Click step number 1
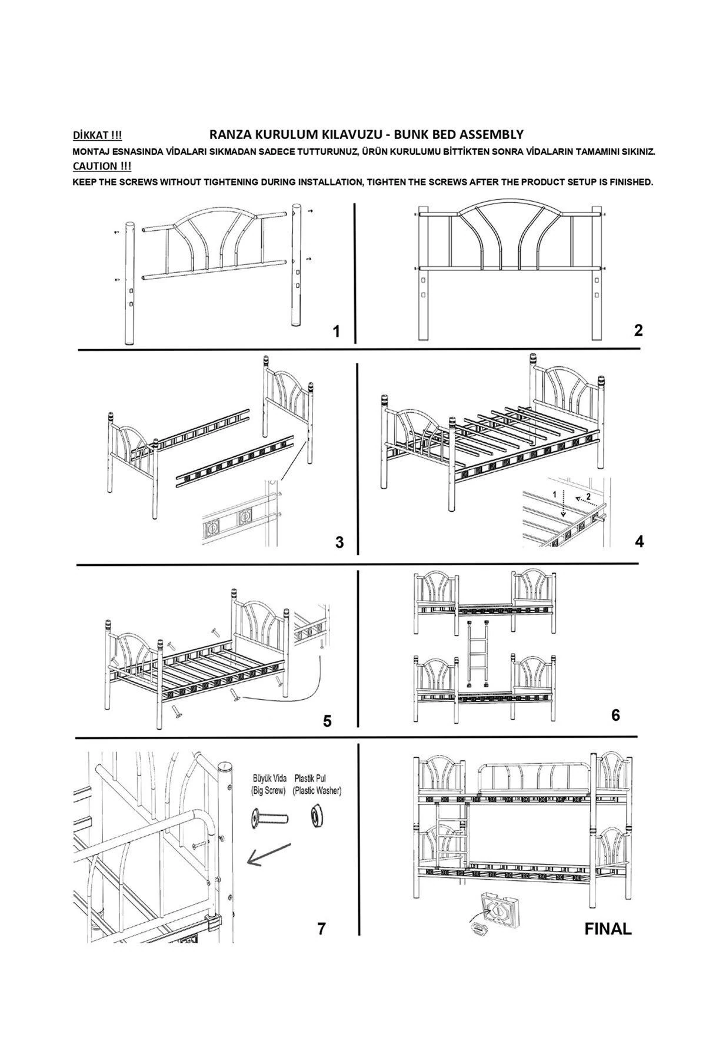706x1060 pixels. [337, 332]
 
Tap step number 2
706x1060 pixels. [638, 330]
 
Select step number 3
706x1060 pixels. [339, 542]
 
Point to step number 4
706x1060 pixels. [640, 541]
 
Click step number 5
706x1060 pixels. [327, 721]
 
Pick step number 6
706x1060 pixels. [615, 715]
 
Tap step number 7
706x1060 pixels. [321, 929]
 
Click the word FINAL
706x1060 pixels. [608, 929]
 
